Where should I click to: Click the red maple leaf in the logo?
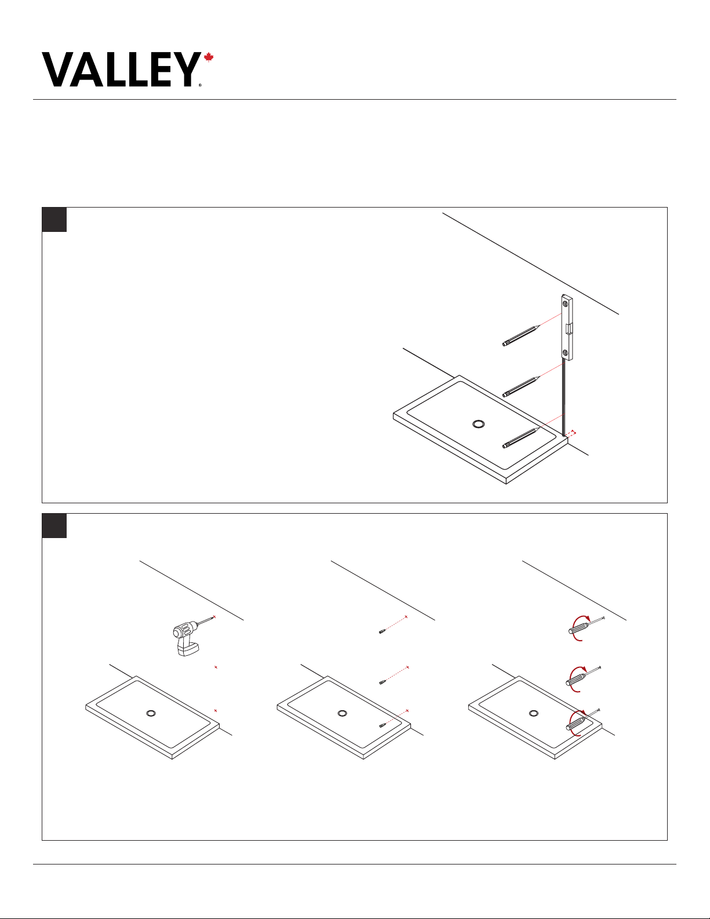click(x=208, y=57)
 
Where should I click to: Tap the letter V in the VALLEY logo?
click(x=59, y=70)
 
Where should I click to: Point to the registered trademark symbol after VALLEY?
click(x=201, y=85)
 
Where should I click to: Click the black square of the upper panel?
click(x=54, y=220)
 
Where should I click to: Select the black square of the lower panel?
click(x=54, y=526)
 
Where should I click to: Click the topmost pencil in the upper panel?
click(x=521, y=335)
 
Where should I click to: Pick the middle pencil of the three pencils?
click(x=521, y=387)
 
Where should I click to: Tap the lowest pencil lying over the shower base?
click(x=520, y=438)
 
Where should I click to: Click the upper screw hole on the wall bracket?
click(x=566, y=303)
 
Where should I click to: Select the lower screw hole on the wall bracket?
click(x=566, y=353)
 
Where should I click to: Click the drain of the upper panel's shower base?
click(x=478, y=424)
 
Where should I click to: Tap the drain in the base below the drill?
click(x=151, y=714)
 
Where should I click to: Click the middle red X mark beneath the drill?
click(x=216, y=667)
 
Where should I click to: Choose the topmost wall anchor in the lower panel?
click(x=382, y=632)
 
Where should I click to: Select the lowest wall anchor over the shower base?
click(x=382, y=726)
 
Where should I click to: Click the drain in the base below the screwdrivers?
click(x=534, y=714)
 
